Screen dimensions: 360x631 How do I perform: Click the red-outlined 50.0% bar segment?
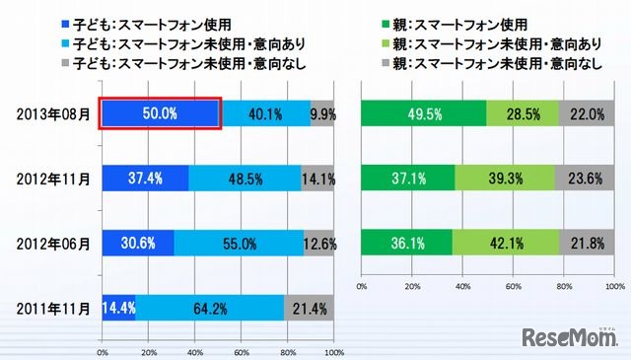tap(160, 113)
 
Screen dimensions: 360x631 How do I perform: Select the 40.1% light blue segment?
tap(264, 113)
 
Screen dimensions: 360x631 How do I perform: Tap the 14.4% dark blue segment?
tap(118, 308)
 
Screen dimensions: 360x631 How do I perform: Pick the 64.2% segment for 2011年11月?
tap(209, 308)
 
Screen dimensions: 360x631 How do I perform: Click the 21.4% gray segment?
tap(309, 308)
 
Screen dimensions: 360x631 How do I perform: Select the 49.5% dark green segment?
tap(424, 113)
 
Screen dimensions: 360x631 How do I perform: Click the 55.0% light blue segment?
tap(238, 243)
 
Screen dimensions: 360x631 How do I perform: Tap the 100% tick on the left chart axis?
tap(332, 350)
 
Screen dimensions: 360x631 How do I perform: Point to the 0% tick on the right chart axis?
tap(362, 285)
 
